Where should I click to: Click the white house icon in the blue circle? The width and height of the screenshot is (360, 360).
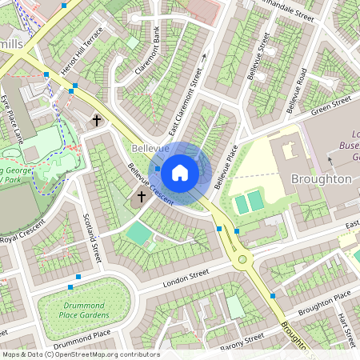(x=180, y=172)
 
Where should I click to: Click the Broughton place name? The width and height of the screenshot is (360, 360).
(x=321, y=178)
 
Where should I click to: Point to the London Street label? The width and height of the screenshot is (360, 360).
(x=185, y=278)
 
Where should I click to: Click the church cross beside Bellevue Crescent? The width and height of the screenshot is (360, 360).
(x=142, y=196)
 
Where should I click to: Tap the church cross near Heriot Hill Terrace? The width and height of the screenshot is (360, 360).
(x=97, y=121)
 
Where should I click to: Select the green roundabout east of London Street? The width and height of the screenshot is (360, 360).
(x=241, y=259)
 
